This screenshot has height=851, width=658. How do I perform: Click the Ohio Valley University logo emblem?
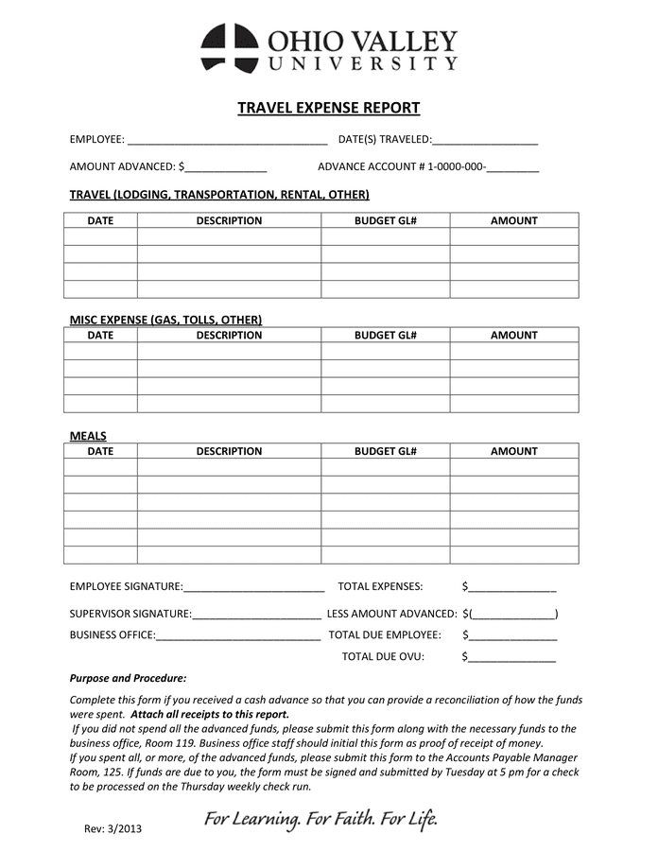point(228,48)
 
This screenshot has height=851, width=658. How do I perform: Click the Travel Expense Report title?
point(328,108)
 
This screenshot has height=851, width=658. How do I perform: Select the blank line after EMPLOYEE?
point(227,141)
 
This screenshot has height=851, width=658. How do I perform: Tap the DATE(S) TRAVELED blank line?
point(485,141)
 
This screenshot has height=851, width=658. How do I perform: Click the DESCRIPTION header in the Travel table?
point(229,220)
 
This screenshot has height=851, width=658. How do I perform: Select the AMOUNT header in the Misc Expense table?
point(513,335)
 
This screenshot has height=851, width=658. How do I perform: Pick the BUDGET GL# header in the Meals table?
point(386,451)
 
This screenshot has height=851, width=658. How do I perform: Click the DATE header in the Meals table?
point(100,451)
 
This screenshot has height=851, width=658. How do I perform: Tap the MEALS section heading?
point(88,436)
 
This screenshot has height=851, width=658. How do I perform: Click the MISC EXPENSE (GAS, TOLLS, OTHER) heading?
point(165,320)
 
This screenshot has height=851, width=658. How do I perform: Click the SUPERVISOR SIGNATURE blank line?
point(256,614)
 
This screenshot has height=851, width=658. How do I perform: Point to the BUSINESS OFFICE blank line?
point(238,635)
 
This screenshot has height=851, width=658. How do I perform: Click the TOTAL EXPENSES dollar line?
point(512,587)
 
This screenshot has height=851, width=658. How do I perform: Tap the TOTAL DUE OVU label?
point(383,656)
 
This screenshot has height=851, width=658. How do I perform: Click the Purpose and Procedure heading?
point(129,678)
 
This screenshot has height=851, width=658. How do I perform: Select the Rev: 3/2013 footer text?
point(113,829)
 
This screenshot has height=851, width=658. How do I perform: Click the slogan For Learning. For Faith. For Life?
point(320,818)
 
